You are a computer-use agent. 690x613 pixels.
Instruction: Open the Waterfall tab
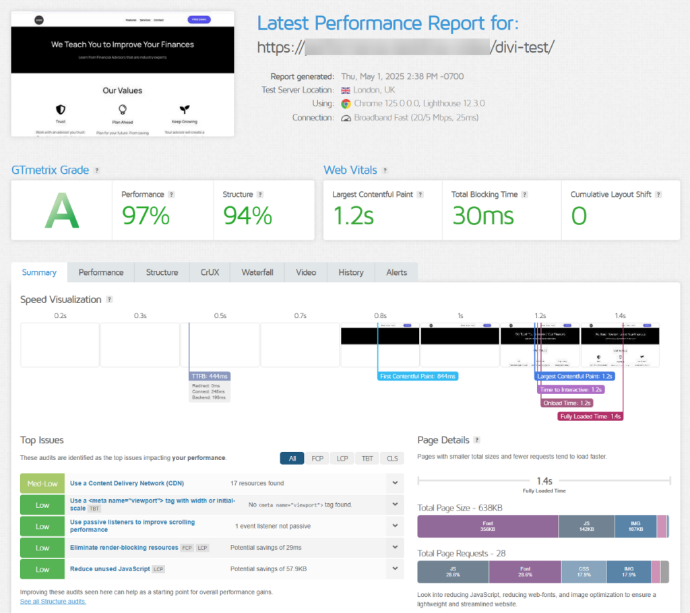(257, 272)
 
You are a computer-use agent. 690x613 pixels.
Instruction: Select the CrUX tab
(209, 272)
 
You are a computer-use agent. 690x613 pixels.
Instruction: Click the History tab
(350, 272)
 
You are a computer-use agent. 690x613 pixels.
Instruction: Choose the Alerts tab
(396, 272)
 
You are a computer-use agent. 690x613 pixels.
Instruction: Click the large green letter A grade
(61, 211)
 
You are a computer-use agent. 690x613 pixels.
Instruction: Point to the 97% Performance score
(146, 216)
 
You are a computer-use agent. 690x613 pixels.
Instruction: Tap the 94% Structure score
(247, 216)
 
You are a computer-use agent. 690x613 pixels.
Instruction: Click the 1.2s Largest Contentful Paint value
(354, 216)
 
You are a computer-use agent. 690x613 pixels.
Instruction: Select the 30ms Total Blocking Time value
(482, 216)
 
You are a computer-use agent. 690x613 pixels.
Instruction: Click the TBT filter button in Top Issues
(367, 459)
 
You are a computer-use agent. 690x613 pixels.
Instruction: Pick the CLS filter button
(391, 459)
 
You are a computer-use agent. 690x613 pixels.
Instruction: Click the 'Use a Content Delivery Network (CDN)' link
(127, 483)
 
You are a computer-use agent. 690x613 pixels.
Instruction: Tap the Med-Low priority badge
(42, 483)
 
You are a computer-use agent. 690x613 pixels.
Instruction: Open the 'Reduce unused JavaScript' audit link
(110, 569)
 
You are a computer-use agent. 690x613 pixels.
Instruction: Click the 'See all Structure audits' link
(53, 601)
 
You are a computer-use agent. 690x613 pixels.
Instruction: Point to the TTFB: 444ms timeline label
(210, 376)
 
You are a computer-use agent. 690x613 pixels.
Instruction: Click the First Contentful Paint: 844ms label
(418, 376)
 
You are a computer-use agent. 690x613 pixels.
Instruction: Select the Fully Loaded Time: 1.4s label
(591, 416)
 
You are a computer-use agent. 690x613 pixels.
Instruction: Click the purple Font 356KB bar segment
(488, 526)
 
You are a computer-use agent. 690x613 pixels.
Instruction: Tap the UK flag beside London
(346, 90)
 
